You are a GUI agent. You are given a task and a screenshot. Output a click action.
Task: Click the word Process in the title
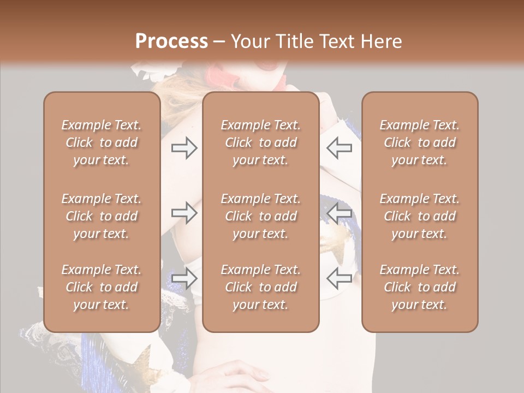[x=171, y=41]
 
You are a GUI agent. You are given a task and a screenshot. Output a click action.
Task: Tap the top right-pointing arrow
[x=184, y=148]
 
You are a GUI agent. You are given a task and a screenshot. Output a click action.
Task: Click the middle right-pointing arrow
[x=184, y=213]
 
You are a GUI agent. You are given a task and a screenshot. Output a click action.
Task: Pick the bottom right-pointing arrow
[x=184, y=278]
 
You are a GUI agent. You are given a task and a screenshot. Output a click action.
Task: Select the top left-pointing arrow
[x=340, y=148]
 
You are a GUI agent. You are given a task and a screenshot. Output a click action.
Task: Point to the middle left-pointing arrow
[x=340, y=213]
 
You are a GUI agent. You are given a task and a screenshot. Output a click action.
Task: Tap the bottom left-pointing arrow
[x=340, y=278]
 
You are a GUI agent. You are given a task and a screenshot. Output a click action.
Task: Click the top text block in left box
[x=102, y=142]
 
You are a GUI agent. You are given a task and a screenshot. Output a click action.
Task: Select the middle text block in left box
[x=102, y=216]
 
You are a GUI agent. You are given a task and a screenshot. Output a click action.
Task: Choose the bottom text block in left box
[x=102, y=287]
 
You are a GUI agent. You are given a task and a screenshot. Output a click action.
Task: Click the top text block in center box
[x=260, y=142]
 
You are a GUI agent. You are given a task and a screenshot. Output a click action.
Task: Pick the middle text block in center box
[x=260, y=216]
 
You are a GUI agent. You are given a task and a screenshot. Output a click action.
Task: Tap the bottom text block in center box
[x=260, y=287]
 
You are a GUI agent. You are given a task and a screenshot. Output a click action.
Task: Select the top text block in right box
[x=419, y=142]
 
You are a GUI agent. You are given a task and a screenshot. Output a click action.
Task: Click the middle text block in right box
[x=419, y=216]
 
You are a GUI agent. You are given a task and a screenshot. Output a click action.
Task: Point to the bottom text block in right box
[x=419, y=287]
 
